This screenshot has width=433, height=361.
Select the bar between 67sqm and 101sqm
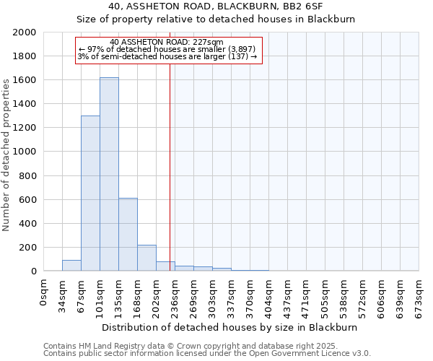point(90,193)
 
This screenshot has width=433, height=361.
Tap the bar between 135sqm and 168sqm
point(128,235)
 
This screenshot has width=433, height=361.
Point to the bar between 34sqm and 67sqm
point(71,265)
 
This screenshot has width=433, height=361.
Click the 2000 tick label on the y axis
point(25,32)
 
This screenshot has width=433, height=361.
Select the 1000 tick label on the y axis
point(25,152)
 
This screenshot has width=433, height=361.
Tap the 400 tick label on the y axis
point(27,224)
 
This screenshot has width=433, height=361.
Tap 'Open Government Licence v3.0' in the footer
point(310,354)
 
